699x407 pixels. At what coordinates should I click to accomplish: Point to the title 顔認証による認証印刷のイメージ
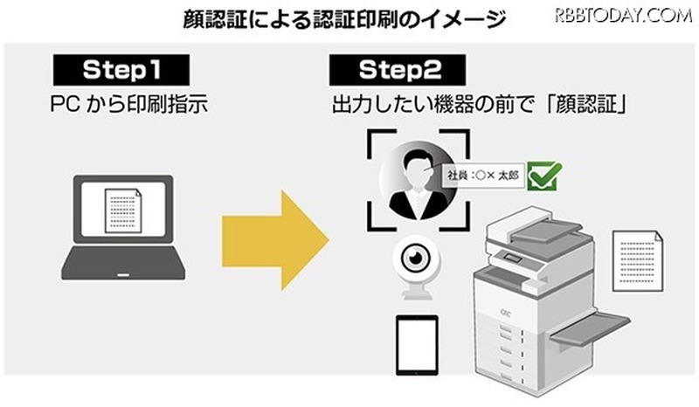[346, 18]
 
